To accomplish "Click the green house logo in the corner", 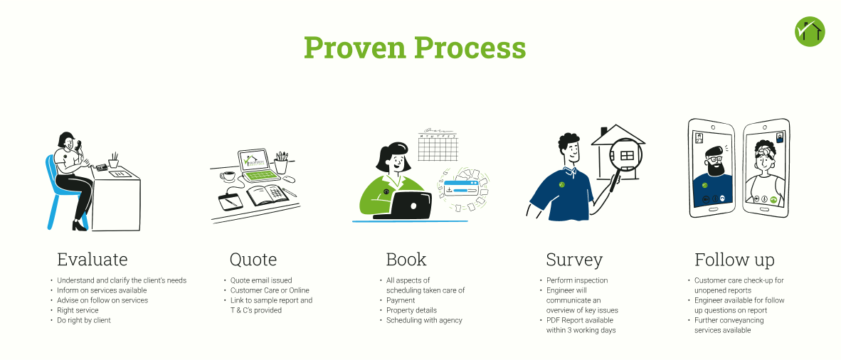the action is pos(810,31).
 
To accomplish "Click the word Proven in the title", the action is pos(354,47).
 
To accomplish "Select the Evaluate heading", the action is pos(92,260).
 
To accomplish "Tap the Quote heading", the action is pos(253,260).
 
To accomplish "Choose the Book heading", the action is pos(406,260).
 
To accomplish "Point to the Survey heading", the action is pos(574,260).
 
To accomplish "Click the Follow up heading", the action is pos(734,260).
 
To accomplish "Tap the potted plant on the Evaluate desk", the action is pos(113,160).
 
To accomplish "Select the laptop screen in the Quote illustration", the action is pos(252,159).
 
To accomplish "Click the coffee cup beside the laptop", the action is pos(228,176).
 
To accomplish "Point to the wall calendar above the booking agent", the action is pos(437,145).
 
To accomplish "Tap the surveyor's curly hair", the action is pos(568,142).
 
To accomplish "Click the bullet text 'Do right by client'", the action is pos(84,320).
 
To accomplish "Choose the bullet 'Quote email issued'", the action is pos(261,280).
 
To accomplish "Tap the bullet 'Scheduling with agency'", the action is pos(424,320).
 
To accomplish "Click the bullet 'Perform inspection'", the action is pos(577,280).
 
